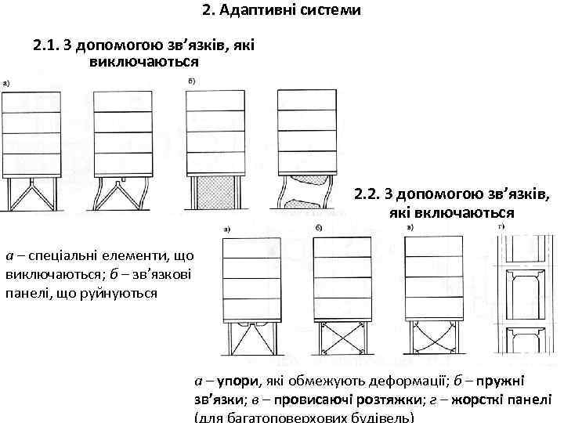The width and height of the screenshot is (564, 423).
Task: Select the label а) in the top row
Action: pos(6,81)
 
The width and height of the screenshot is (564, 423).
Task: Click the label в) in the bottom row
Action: pos(410,227)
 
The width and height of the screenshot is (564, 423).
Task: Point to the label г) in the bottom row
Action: pos(502,227)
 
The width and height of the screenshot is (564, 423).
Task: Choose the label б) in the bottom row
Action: pos(318,227)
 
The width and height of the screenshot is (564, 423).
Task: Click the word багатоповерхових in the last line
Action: pos(284,417)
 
